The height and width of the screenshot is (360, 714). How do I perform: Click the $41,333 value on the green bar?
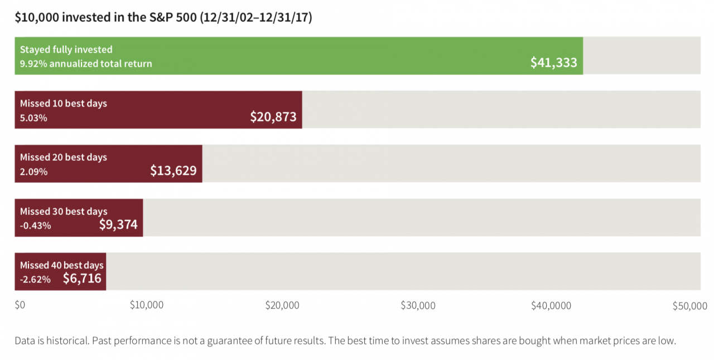553,63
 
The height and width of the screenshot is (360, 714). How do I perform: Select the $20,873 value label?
273,117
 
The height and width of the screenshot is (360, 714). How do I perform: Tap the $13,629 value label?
173,171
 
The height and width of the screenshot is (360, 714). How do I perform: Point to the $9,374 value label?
118,224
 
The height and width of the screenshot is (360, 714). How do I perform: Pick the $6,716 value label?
82,278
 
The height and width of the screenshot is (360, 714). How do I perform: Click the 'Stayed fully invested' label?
66,50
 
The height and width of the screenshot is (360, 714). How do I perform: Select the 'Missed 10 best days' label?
63,103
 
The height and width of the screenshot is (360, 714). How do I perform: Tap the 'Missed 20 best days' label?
63,157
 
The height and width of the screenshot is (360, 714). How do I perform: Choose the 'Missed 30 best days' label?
63,212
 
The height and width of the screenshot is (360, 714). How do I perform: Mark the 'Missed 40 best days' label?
61,265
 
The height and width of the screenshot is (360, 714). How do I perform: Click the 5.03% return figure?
33,118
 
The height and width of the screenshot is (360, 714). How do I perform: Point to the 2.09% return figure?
33,172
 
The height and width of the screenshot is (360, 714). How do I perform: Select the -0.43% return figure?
35,225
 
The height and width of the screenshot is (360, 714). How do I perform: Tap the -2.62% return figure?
35,279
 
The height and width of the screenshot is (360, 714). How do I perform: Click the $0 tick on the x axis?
20,305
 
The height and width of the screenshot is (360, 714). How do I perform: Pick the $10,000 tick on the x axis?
146,305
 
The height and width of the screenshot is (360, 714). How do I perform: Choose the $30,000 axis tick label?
418,305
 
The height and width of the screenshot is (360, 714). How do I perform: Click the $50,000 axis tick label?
689,305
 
